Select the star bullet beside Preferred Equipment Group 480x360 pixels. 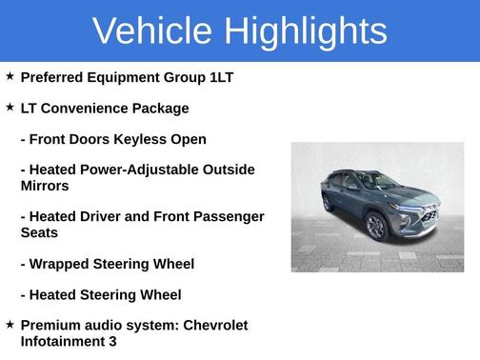[x=10, y=76]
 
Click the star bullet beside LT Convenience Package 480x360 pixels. [x=10, y=108]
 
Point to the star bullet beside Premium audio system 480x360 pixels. [x=10, y=325]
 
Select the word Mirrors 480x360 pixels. [x=45, y=186]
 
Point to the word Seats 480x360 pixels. [x=39, y=232]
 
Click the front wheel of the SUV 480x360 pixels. [x=375, y=227]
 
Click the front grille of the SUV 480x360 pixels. [x=430, y=216]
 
